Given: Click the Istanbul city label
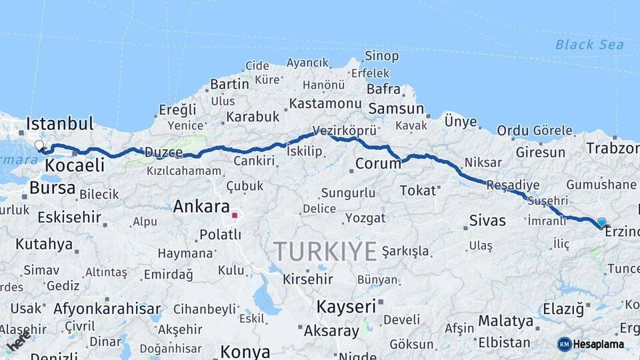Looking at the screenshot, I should (x=60, y=124).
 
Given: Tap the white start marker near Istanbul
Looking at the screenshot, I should (x=39, y=145).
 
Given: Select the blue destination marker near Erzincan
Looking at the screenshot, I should (x=601, y=223).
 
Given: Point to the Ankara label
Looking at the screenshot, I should (x=201, y=207).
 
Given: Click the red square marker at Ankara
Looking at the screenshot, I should (x=235, y=215).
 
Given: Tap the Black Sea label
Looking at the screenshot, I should (x=589, y=45).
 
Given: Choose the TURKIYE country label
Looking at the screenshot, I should (x=325, y=251).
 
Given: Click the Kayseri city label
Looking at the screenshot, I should (x=346, y=307).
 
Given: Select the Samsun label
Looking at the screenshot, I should (x=396, y=109).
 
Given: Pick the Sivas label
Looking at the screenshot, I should (x=487, y=220).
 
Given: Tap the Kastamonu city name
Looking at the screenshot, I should (x=325, y=104).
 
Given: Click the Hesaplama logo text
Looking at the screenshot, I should (x=599, y=345).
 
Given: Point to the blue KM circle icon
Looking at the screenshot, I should (x=565, y=344).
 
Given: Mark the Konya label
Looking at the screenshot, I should (x=245, y=351).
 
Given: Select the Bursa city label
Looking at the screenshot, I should (x=53, y=188).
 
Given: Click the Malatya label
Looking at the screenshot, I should (x=506, y=321).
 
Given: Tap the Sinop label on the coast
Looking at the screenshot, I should (x=382, y=56).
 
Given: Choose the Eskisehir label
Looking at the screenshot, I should (x=69, y=217).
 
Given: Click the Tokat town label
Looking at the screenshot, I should (x=417, y=191).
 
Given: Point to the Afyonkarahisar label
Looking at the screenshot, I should (x=107, y=309).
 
